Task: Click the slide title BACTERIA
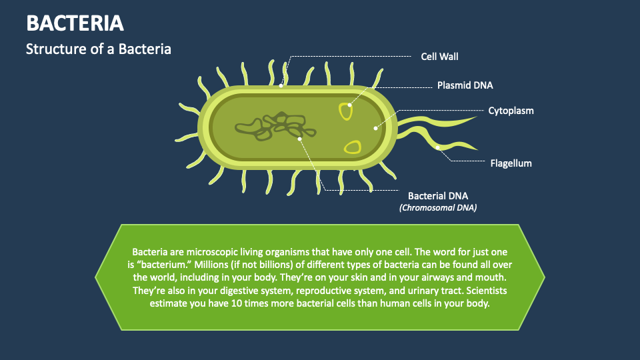click(x=75, y=23)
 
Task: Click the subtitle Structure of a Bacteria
click(x=98, y=49)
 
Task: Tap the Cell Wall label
click(x=439, y=57)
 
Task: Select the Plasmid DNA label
click(x=465, y=85)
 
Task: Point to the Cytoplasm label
click(x=511, y=111)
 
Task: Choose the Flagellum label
click(x=511, y=163)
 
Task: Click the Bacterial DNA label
click(x=438, y=196)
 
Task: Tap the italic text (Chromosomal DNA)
click(x=438, y=208)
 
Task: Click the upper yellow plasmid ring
click(x=345, y=111)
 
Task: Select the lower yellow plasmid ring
click(x=352, y=147)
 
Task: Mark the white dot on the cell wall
click(x=281, y=85)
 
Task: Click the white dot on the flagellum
click(x=438, y=147)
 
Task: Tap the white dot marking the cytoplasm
click(x=375, y=127)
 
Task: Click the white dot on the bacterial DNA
click(x=301, y=139)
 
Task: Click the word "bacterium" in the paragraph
click(x=159, y=265)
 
